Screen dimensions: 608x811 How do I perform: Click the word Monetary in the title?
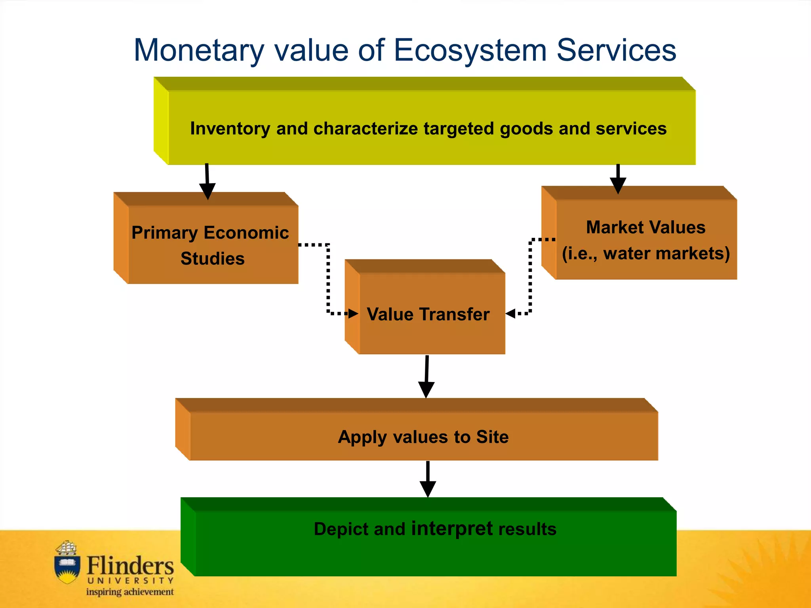point(199,51)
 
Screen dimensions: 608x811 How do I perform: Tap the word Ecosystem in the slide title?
point(470,51)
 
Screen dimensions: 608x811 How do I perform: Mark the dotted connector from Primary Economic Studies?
point(328,277)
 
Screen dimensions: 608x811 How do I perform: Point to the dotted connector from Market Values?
point(530,277)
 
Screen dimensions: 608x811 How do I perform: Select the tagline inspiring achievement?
point(130,592)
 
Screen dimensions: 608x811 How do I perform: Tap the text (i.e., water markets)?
point(645,254)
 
